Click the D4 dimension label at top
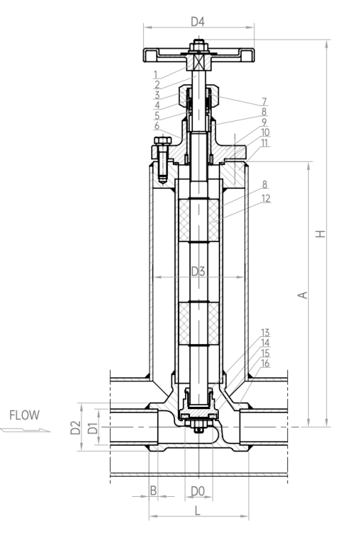click(x=197, y=22)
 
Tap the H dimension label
click(x=320, y=234)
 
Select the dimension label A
click(x=302, y=295)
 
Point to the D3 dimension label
click(x=198, y=271)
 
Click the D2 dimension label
click(x=76, y=428)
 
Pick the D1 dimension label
click(x=93, y=428)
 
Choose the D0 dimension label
click(x=197, y=491)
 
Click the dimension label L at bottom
click(x=197, y=511)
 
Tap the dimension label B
click(x=153, y=490)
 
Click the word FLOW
click(x=24, y=415)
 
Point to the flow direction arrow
click(x=25, y=431)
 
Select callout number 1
click(x=156, y=74)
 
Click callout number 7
click(x=264, y=102)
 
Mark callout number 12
click(x=266, y=198)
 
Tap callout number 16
click(x=266, y=363)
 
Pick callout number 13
click(x=266, y=333)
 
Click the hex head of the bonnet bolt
click(x=163, y=141)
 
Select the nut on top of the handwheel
click(x=198, y=45)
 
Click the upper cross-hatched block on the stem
click(x=199, y=220)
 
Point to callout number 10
click(x=265, y=132)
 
